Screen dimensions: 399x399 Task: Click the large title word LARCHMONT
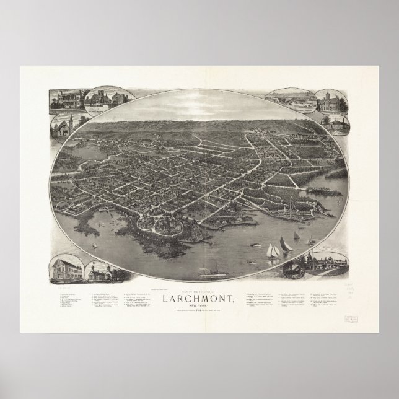coord(199,299)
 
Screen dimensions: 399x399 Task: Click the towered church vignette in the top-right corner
coord(326,100)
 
